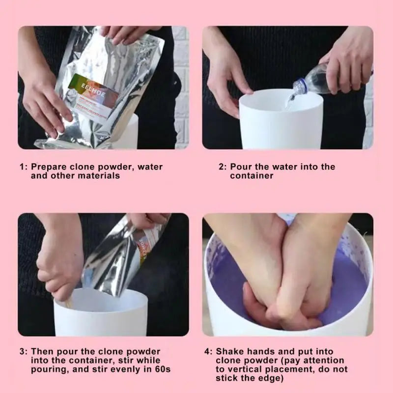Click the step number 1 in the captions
22,167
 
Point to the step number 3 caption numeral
22,352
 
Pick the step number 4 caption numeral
207,352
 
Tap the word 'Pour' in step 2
240,167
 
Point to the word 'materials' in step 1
100,176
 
